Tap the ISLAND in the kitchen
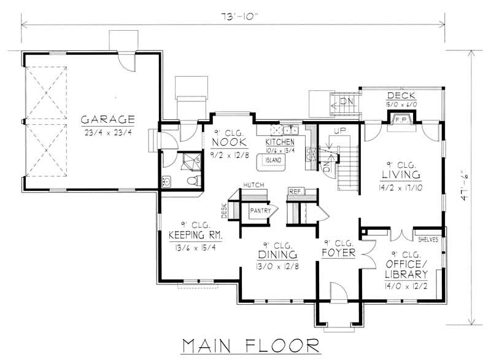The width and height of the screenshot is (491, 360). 273,160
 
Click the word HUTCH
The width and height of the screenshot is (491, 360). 252,184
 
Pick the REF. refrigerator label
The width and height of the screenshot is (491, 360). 294,190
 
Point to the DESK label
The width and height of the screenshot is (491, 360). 224,211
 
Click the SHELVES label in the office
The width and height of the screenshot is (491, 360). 428,240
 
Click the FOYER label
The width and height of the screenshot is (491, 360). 338,252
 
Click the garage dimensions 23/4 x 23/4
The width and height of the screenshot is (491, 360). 106,131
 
